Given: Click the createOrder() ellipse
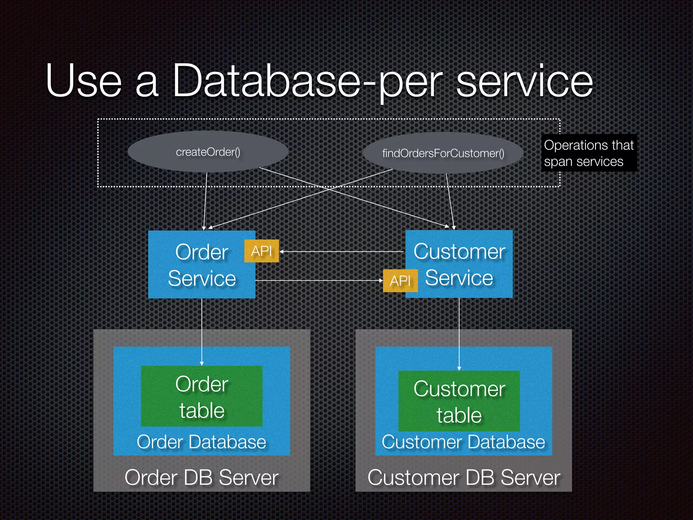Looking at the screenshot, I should click(x=208, y=152).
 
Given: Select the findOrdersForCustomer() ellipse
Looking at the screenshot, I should click(x=443, y=153).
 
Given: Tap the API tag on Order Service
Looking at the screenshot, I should click(x=261, y=251).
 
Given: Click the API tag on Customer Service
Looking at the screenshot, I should click(x=400, y=281).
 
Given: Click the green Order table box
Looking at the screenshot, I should click(x=202, y=396).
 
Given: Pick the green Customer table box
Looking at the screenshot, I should click(x=459, y=401).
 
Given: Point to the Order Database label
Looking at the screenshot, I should click(x=202, y=442).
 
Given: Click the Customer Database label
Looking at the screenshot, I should click(x=463, y=442).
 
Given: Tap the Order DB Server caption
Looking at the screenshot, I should click(x=202, y=478).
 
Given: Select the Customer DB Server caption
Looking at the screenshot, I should click(x=464, y=478).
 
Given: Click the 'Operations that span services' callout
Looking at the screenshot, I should click(x=588, y=153).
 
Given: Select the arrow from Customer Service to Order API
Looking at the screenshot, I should click(x=342, y=252).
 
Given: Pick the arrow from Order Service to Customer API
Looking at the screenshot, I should click(x=318, y=281).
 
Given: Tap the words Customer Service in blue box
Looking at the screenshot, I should click(x=459, y=265).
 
